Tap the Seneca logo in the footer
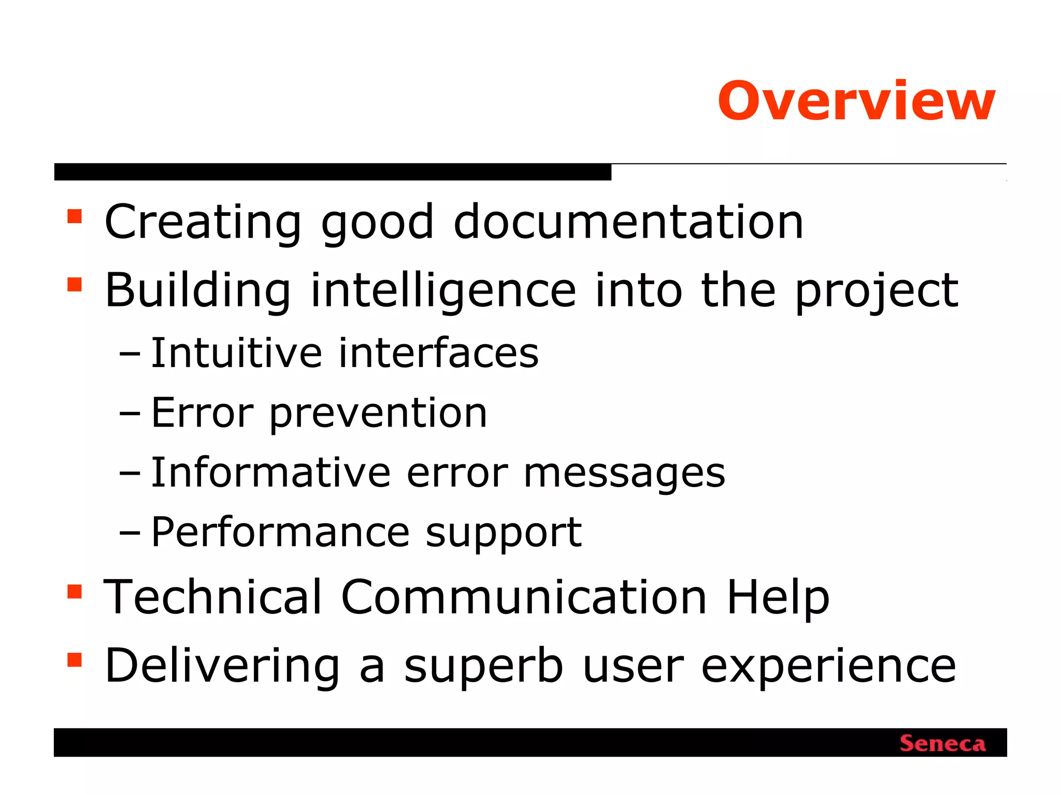tap(942, 744)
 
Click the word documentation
tap(628, 222)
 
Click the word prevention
tap(378, 414)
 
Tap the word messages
tap(624, 474)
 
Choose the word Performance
tap(280, 533)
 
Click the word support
tap(503, 534)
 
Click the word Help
tap(777, 598)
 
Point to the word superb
tap(483, 666)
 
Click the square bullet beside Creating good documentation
tap(75, 216)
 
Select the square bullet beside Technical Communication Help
tap(75, 591)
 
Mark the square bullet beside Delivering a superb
tap(75, 659)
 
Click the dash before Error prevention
tap(129, 414)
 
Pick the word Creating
tap(203, 222)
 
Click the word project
tap(876, 291)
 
